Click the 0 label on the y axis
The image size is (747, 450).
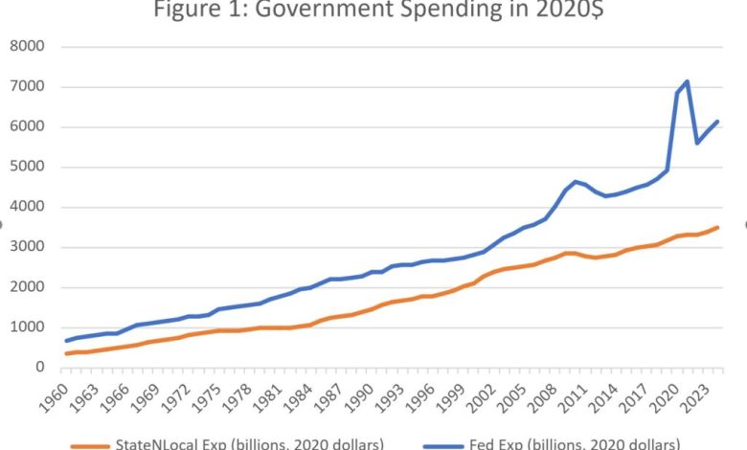click(x=41, y=367)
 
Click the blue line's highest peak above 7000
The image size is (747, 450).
click(x=687, y=81)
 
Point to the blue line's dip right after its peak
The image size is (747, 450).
click(x=697, y=143)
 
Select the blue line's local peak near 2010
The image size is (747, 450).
click(x=575, y=181)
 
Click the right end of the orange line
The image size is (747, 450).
click(x=717, y=227)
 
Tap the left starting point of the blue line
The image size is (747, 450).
click(x=66, y=340)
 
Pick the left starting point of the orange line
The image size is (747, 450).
click(x=66, y=353)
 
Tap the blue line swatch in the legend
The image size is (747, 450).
click(x=436, y=444)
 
